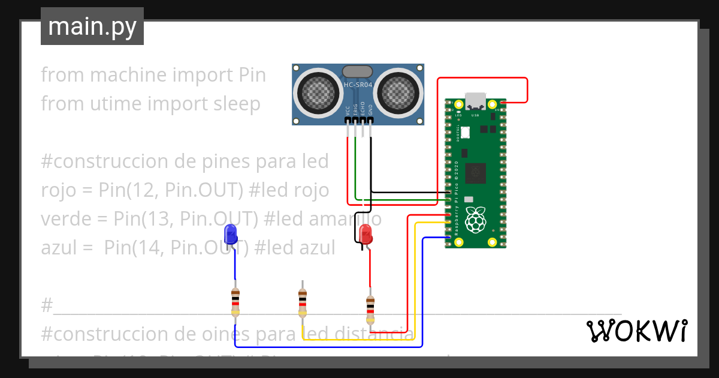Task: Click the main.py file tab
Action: (92, 26)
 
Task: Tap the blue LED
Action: (230, 233)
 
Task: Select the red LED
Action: (365, 234)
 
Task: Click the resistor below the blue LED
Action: (235, 301)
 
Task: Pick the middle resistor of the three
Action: (303, 301)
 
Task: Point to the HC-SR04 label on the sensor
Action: (358, 85)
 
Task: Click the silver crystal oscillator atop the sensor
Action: (358, 71)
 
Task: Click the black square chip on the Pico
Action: (477, 173)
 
